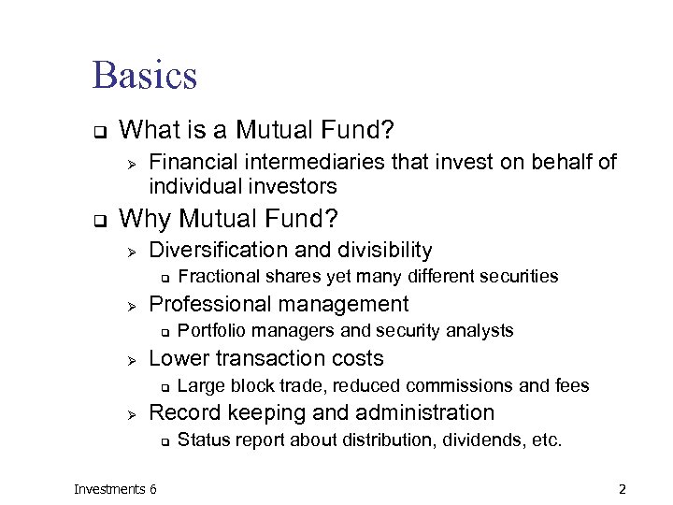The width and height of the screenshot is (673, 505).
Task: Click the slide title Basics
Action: coord(145,75)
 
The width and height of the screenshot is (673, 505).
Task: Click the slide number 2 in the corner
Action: coord(622,489)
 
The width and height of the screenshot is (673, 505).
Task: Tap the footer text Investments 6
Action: coord(115,489)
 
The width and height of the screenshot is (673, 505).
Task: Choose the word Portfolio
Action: coord(209,330)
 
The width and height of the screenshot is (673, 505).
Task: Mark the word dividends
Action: coord(479,440)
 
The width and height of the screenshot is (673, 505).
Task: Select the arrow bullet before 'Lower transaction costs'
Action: coord(132,359)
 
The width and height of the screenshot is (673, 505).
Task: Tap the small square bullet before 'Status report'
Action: coord(163,440)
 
